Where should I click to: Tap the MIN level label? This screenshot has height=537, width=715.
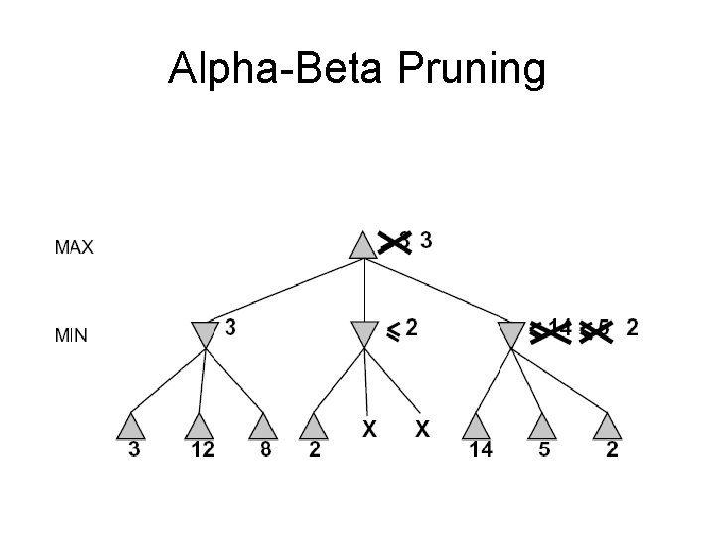[71, 336]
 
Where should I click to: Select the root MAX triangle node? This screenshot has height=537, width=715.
[364, 245]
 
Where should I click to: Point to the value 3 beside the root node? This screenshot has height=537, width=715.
[426, 240]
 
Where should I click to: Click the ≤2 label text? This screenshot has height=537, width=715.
[401, 328]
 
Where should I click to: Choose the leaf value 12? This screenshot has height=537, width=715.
[202, 451]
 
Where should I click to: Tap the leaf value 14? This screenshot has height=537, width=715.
[480, 451]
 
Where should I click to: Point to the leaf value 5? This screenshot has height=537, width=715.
[542, 451]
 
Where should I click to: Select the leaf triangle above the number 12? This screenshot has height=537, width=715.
[200, 426]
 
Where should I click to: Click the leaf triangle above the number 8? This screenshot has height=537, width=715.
[262, 426]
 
